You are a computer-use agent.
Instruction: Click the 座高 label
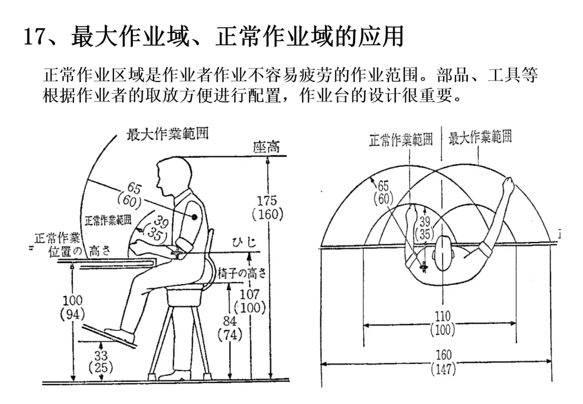[267, 147]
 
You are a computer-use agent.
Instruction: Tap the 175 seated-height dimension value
[267, 200]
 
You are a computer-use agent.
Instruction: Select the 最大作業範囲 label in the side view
[167, 134]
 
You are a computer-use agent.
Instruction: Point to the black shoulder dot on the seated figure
[193, 216]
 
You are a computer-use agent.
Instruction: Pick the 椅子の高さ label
[242, 274]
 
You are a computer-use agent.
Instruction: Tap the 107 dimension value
[249, 295]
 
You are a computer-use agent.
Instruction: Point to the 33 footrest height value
[100, 355]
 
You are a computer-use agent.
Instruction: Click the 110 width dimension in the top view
[442, 317]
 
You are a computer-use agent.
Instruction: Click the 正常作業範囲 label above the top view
[402, 140]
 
